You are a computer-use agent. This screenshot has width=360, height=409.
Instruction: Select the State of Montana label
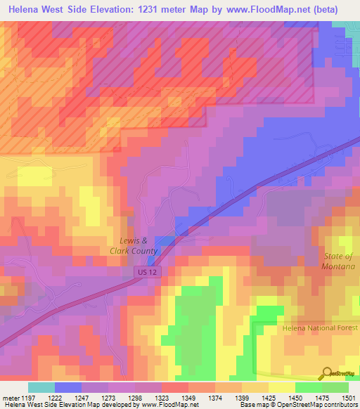click(340, 261)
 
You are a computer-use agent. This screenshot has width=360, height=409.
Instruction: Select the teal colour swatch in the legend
click(41, 387)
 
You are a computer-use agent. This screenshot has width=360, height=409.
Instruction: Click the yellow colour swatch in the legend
click(282, 387)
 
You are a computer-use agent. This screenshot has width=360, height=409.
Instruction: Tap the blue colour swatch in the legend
click(68, 387)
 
